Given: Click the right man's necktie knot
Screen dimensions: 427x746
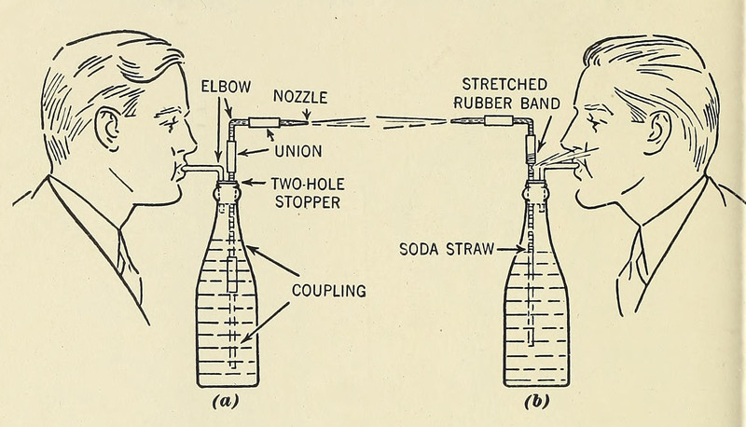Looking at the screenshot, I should [638, 244].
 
